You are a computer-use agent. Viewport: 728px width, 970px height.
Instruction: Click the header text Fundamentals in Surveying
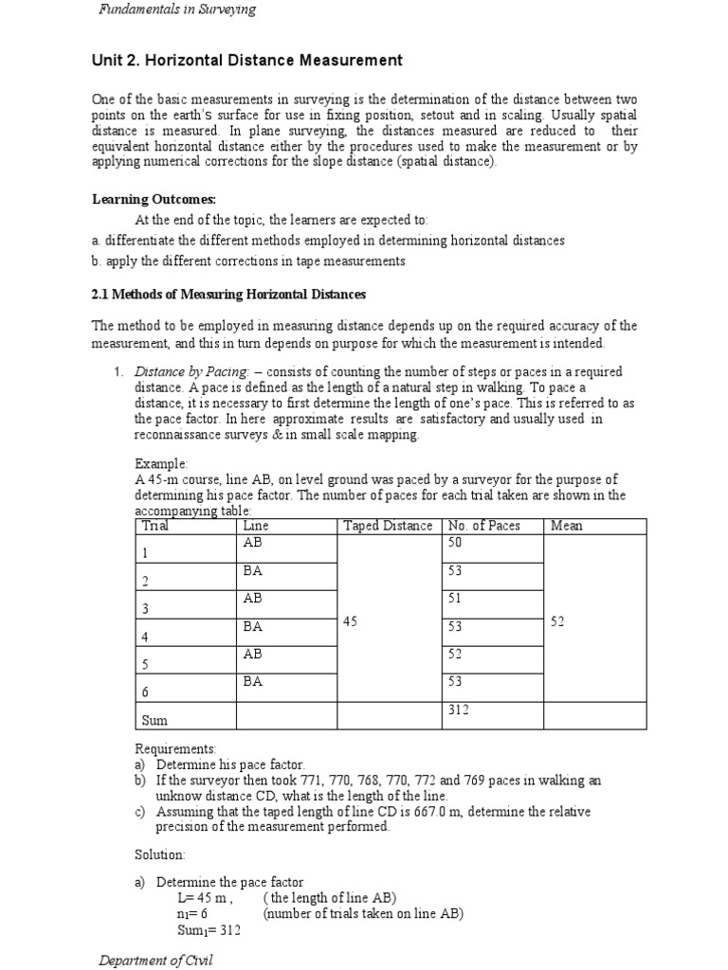pos(177,10)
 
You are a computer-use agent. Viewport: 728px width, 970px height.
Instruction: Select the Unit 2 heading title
pos(246,61)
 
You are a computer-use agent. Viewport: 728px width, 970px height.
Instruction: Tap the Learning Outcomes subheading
pos(154,199)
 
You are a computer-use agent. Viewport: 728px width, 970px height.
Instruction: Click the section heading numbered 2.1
pos(228,296)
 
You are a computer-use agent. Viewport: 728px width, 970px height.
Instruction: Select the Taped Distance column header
pos(388,526)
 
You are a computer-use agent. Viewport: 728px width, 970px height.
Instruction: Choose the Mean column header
pos(566,526)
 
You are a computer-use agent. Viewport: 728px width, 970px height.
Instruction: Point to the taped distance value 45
pos(351,621)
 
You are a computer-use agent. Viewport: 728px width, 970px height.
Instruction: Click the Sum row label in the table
pos(155,720)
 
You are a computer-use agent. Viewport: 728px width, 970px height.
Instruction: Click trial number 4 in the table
pos(145,637)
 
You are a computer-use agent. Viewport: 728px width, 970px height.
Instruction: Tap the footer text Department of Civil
pos(156,961)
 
